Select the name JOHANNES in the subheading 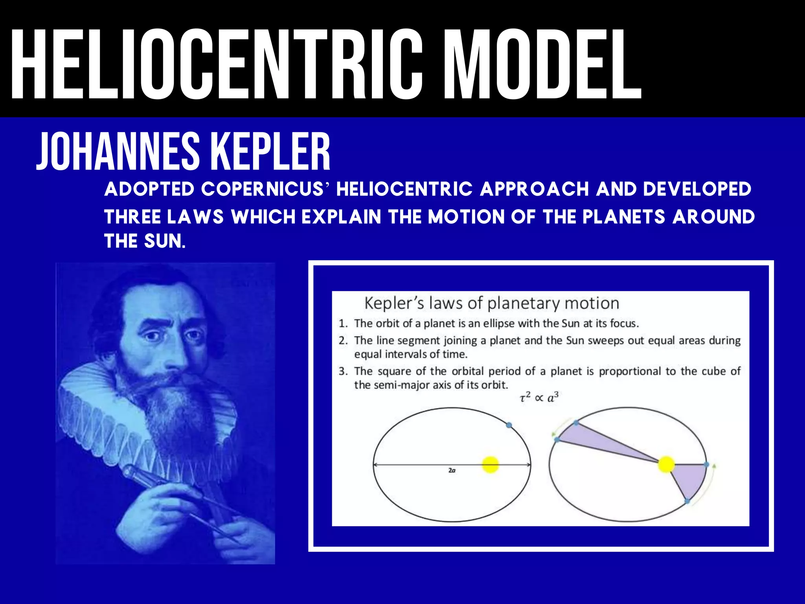(x=118, y=152)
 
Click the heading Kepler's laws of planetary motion (x=491, y=303)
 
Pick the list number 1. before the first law (x=343, y=324)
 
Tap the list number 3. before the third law (x=343, y=371)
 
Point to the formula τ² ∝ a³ (x=539, y=398)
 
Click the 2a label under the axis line (x=452, y=471)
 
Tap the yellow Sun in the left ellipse (x=491, y=465)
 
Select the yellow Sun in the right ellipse (x=666, y=464)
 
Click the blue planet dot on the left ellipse (x=509, y=425)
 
